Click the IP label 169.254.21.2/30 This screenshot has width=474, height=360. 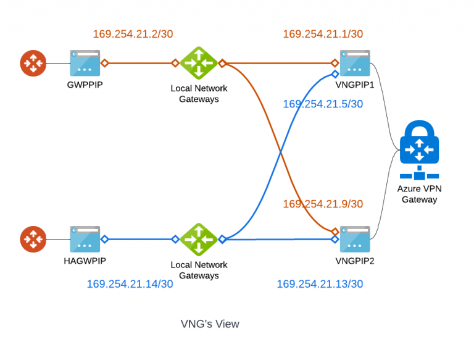(x=133, y=35)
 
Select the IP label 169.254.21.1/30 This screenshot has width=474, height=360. (x=323, y=35)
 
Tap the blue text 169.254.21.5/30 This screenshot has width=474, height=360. (x=323, y=104)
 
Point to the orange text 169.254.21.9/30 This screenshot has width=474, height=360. (x=323, y=204)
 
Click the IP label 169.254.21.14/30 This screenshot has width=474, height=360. (x=130, y=284)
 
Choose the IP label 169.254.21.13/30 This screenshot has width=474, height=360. (x=320, y=284)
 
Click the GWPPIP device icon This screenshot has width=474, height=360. (x=85, y=63)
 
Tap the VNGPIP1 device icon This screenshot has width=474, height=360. (x=355, y=63)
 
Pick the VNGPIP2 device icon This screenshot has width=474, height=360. (x=355, y=239)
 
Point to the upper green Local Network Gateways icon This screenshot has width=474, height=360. (x=199, y=63)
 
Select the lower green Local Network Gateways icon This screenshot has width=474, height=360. (x=199, y=239)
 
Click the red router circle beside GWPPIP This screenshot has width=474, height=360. (x=33, y=63)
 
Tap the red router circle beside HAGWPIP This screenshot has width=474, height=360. (x=33, y=239)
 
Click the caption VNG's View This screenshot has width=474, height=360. (x=210, y=324)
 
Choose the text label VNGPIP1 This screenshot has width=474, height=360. (x=355, y=85)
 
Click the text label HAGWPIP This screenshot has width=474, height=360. (x=85, y=261)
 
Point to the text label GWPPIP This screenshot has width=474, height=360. (x=85, y=85)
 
